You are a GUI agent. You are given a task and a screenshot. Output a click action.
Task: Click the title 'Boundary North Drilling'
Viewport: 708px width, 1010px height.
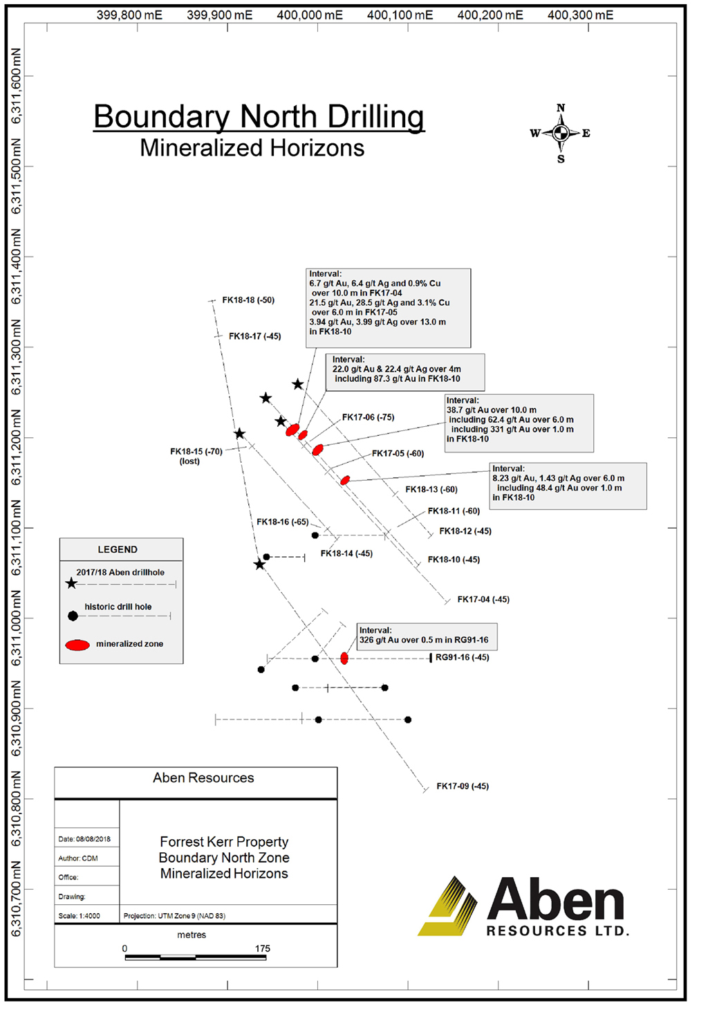259,117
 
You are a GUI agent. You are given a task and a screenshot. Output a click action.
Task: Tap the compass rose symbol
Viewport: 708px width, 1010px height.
561,133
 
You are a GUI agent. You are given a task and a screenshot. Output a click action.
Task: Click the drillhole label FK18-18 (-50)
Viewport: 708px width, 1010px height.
248,300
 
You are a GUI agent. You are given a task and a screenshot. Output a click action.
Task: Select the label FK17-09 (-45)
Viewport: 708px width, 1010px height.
463,787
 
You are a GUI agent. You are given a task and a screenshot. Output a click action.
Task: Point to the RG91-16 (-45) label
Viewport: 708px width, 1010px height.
462,657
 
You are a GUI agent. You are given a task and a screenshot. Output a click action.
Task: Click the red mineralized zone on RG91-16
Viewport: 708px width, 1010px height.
344,659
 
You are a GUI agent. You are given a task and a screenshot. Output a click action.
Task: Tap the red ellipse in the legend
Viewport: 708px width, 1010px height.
77,645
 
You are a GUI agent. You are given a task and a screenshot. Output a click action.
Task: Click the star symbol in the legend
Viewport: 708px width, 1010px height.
72,583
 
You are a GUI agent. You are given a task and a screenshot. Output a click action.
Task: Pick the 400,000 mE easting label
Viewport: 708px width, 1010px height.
310,15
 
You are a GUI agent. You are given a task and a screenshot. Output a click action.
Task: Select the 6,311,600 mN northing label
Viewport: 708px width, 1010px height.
16,86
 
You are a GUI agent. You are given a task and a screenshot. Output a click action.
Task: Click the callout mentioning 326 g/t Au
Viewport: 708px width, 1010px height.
427,636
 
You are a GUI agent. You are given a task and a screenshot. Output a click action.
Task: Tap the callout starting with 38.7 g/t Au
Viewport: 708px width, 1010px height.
519,423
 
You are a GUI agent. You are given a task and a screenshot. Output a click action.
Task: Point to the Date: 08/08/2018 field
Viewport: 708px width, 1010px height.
84,839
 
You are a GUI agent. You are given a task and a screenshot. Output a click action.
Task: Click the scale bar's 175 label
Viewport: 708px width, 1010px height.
262,948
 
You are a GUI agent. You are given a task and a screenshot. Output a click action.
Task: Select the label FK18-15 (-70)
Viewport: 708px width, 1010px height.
196,451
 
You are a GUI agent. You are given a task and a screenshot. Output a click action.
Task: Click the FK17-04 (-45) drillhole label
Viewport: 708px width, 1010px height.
483,599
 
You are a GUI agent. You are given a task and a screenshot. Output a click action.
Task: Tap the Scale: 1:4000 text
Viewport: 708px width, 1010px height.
80,916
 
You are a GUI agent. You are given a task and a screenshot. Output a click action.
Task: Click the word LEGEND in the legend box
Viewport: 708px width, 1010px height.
118,550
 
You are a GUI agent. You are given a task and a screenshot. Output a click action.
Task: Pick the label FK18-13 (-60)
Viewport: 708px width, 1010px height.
431,489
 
